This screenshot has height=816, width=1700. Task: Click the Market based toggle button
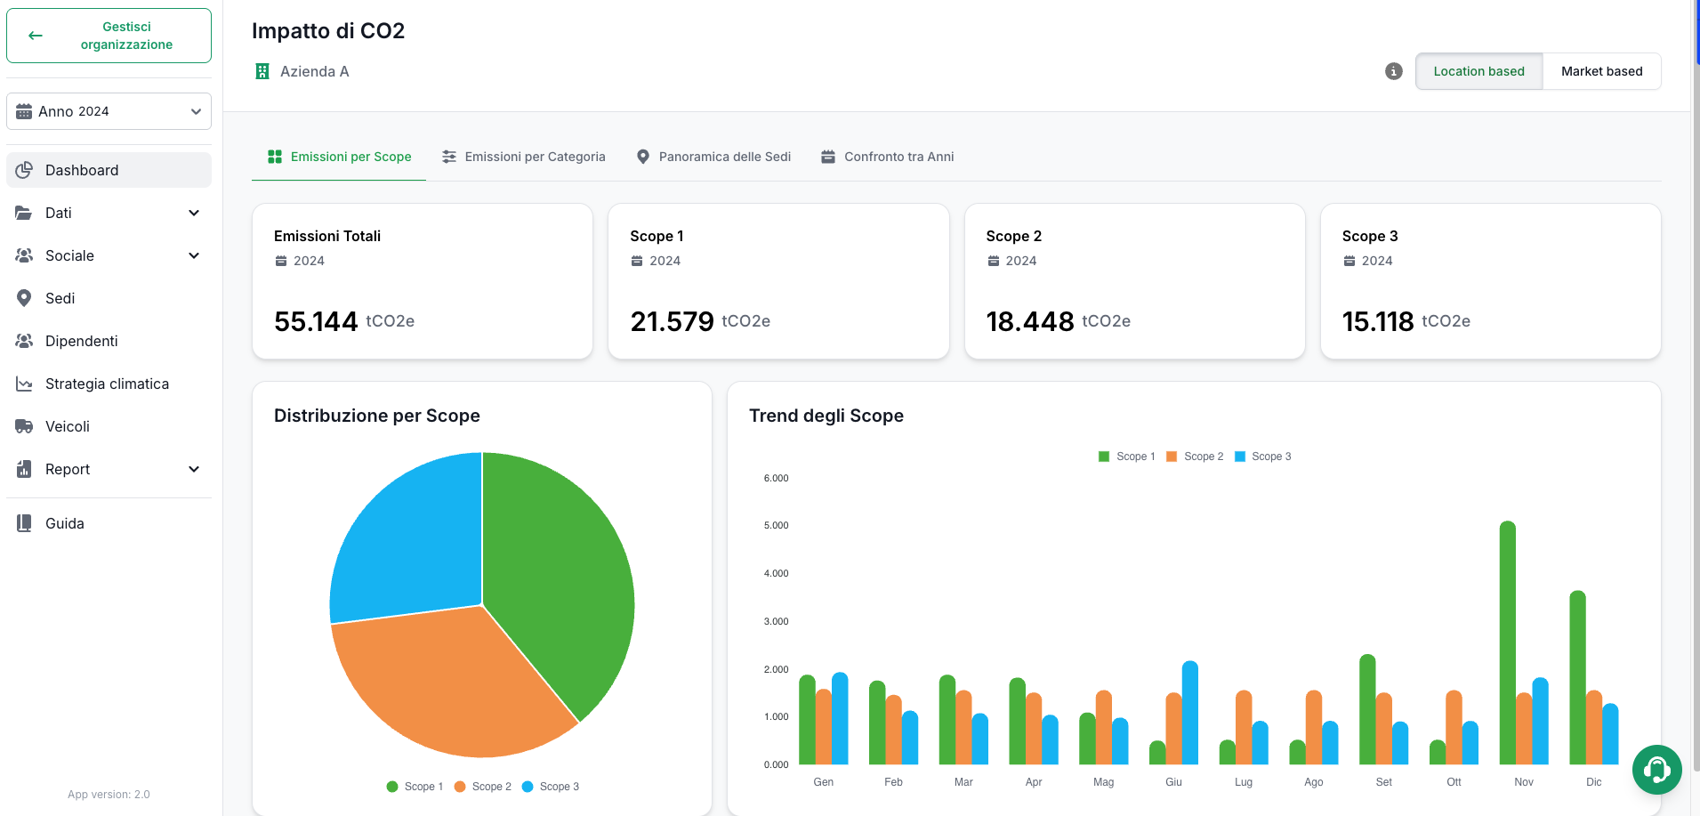click(x=1601, y=71)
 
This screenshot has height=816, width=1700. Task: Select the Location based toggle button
click(x=1478, y=71)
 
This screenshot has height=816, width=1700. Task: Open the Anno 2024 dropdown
click(x=109, y=111)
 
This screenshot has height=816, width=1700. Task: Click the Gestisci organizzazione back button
click(x=109, y=36)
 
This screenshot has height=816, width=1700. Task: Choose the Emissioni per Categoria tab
click(x=524, y=157)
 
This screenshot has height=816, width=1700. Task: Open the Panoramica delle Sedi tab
click(x=713, y=157)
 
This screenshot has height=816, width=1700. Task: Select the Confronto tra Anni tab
click(x=887, y=157)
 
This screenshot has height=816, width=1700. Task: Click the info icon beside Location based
click(x=1394, y=71)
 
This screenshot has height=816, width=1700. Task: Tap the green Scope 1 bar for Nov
click(x=1508, y=642)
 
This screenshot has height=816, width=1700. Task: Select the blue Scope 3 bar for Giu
click(x=1190, y=713)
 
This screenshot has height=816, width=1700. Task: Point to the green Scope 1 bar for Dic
click(x=1578, y=677)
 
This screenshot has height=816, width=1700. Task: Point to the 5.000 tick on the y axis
click(x=776, y=526)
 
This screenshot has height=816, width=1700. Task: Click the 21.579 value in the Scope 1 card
click(x=672, y=321)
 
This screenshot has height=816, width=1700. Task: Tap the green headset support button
click(x=1657, y=770)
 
